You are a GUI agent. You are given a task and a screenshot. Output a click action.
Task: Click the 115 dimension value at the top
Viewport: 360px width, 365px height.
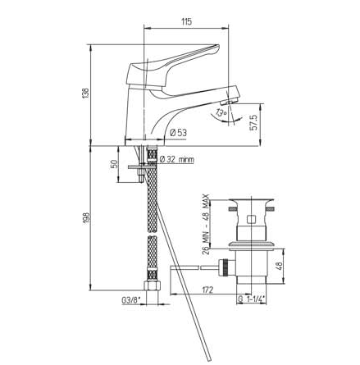point(186,21)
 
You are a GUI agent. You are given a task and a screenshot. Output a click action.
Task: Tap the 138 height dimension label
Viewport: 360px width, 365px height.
point(85,94)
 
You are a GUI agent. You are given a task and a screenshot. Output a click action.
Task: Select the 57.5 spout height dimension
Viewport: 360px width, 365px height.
point(254,122)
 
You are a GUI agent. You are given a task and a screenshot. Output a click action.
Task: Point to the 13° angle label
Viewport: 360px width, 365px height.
point(221,112)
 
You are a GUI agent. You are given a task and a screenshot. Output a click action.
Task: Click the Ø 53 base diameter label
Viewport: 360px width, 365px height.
point(179,133)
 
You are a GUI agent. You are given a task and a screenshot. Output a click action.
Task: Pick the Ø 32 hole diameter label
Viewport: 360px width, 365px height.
point(177,159)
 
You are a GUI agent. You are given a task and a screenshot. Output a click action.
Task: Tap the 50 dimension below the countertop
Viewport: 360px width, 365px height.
point(115,163)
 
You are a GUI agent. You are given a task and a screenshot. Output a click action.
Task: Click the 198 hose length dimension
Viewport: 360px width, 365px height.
point(86,218)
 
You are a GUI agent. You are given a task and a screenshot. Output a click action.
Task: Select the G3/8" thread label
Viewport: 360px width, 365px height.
point(131,300)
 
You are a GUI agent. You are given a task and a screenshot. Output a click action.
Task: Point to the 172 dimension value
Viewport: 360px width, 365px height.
point(207,290)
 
